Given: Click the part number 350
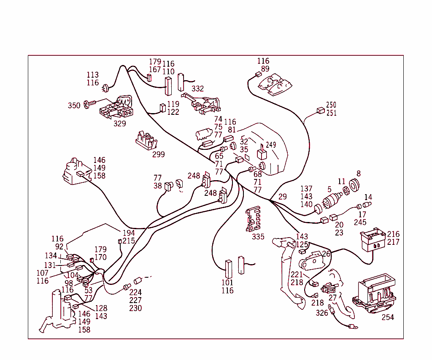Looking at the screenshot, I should (x=74, y=106).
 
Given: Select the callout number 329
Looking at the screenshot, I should (x=120, y=124).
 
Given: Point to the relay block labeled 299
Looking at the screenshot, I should (x=146, y=140).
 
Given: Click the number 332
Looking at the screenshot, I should (x=197, y=89).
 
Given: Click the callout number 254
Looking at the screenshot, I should (x=387, y=317).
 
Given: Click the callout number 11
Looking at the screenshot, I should (x=342, y=182).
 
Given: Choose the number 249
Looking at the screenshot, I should (x=271, y=145).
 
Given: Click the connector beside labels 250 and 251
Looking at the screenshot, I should (x=320, y=111).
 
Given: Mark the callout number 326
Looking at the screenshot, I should (x=322, y=313).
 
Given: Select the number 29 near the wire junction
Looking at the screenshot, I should (x=283, y=197).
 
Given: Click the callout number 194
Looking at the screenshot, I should (x=129, y=233).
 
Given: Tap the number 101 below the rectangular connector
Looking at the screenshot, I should (x=227, y=282).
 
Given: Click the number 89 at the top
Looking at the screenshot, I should (x=265, y=69).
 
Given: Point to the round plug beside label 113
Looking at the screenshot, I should (x=105, y=87).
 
